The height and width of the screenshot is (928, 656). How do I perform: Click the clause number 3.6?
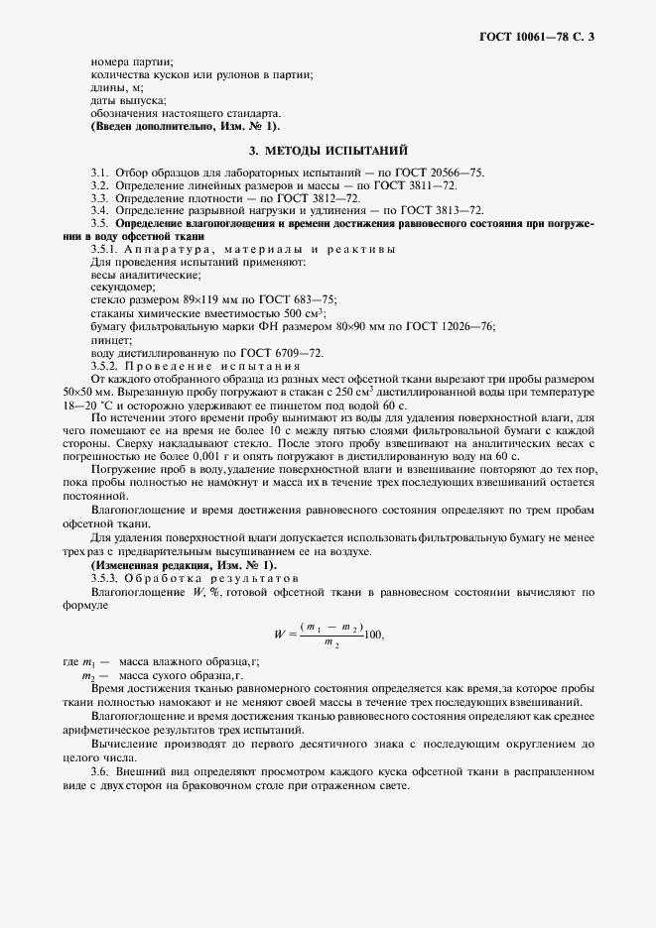click(x=99, y=771)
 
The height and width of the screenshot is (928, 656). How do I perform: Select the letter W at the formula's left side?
click(x=279, y=635)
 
